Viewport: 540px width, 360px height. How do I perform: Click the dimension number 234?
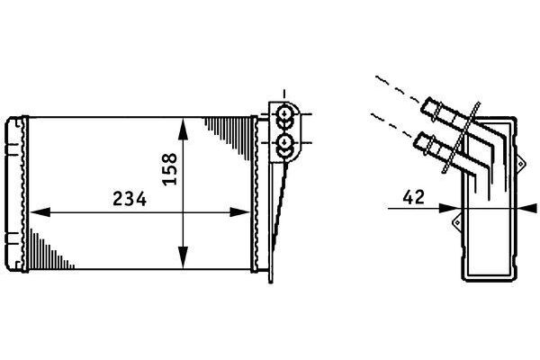(x=130, y=199)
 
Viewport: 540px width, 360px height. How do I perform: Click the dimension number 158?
(x=170, y=169)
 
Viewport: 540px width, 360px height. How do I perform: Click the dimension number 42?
(x=414, y=197)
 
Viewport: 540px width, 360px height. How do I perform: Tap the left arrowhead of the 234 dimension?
(x=40, y=212)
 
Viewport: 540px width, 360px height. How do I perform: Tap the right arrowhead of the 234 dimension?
(x=239, y=212)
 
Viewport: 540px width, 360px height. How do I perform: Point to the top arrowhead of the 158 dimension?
(x=184, y=129)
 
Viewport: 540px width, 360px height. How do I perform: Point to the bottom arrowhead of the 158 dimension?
(x=184, y=257)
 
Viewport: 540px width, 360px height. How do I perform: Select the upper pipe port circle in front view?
(x=284, y=113)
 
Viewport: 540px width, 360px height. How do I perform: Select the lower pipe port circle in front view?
(x=284, y=141)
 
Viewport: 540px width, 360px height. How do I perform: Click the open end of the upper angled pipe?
(x=427, y=107)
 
